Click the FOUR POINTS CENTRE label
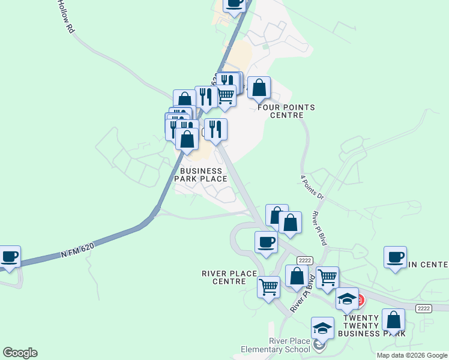(x=286, y=111)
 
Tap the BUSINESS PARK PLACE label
(x=200, y=175)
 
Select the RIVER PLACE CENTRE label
(x=229, y=277)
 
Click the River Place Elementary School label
(x=274, y=345)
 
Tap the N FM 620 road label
(x=80, y=252)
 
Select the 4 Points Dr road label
(x=312, y=188)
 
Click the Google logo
(x=20, y=353)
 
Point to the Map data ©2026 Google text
(x=412, y=355)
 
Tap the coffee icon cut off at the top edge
(x=235, y=3)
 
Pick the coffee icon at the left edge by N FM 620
(x=9, y=257)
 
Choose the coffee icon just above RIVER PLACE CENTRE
(x=266, y=242)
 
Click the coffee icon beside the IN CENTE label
(x=396, y=257)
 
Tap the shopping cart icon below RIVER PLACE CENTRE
(x=268, y=286)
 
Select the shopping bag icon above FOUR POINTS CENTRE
(x=259, y=88)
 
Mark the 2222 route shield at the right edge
(x=424, y=308)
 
